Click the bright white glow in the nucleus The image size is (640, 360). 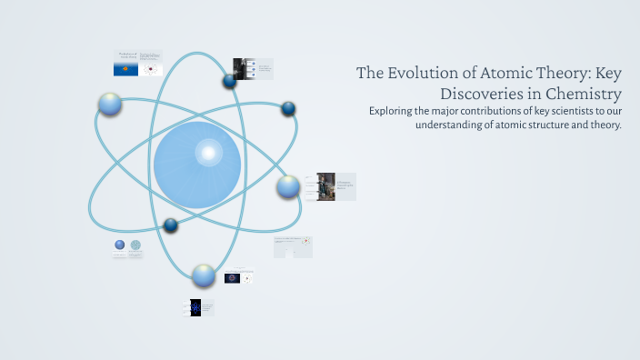pyautogui.click(x=208, y=152)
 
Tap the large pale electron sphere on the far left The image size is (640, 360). pyautogui.click(x=110, y=104)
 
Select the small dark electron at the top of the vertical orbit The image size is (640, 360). pyautogui.click(x=229, y=82)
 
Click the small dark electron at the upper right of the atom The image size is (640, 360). pyautogui.click(x=288, y=109)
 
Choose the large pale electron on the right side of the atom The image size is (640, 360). pyautogui.click(x=288, y=186)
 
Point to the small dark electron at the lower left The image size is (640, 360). pyautogui.click(x=170, y=225)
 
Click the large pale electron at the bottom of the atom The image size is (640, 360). pyautogui.click(x=204, y=275)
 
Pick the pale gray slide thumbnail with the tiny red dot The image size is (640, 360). pyautogui.click(x=293, y=246)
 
